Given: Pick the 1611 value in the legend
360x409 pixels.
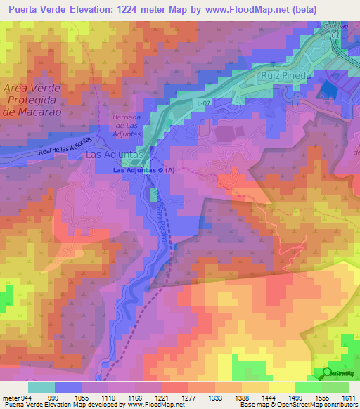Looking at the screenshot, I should coord(348,398).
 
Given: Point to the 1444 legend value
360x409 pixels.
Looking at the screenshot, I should coord(270,398).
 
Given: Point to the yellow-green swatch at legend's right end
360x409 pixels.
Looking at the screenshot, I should coord(335,387).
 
